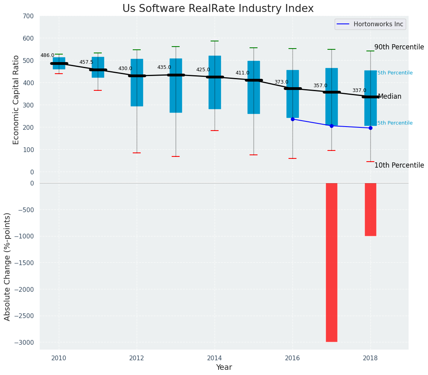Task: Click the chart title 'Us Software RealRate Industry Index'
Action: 218,9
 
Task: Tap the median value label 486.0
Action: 47,56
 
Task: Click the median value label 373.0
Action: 281,82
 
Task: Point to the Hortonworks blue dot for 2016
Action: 292,119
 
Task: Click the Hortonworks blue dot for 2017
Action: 331,126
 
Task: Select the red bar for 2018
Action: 370,209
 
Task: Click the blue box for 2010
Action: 59,63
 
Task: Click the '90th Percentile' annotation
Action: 399,47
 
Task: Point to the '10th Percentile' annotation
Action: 399,165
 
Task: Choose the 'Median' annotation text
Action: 389,97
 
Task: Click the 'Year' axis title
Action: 224,367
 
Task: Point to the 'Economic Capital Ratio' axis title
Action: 16,100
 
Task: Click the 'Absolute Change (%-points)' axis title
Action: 8,266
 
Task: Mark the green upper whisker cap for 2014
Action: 215,41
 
